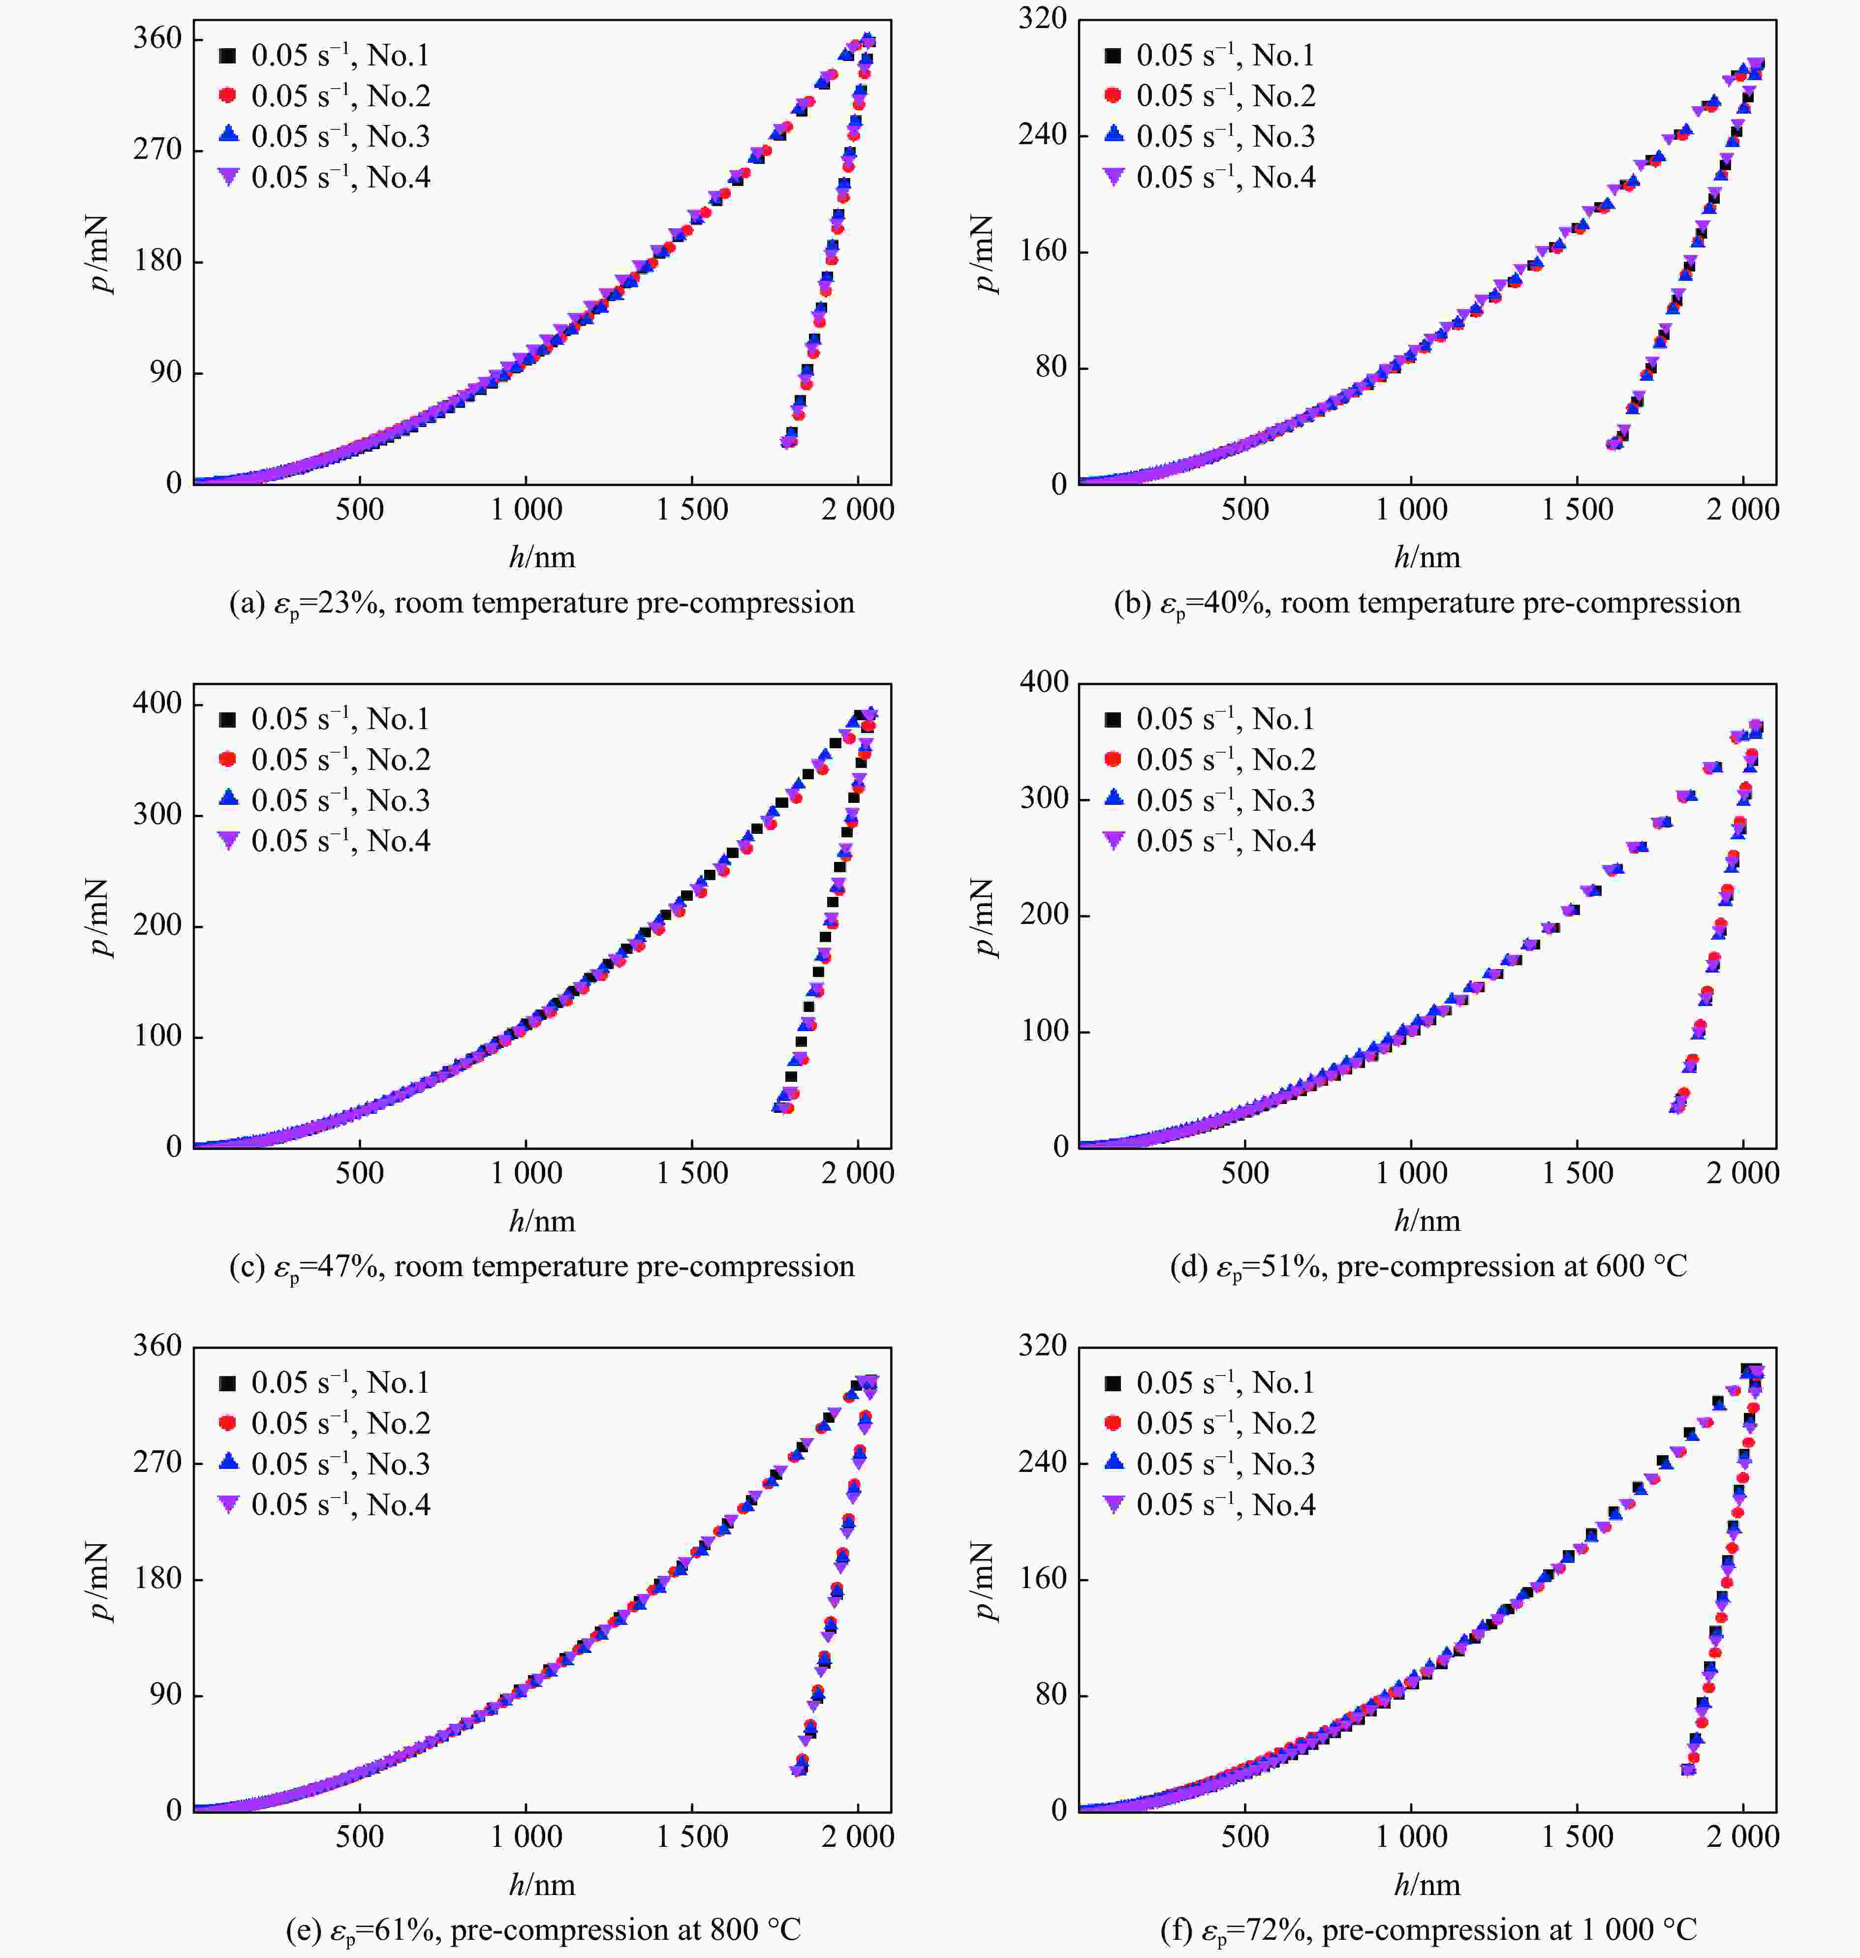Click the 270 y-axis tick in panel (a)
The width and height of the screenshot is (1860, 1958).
tap(158, 150)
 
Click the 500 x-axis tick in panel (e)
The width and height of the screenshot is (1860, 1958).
tap(359, 1837)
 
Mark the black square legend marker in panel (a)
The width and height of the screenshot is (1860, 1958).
tap(227, 56)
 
